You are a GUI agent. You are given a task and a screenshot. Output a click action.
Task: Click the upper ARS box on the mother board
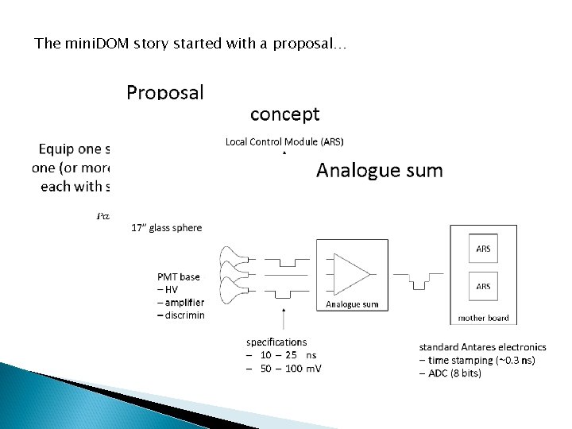click(483, 249)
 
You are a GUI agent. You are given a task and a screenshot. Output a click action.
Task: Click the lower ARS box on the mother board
click(483, 286)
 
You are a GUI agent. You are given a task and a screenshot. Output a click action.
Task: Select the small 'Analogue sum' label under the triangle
click(352, 304)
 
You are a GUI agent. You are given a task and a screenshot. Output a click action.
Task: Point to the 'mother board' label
click(483, 318)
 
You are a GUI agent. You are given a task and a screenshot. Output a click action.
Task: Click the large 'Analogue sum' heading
click(380, 170)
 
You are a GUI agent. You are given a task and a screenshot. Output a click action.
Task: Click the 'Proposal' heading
click(165, 93)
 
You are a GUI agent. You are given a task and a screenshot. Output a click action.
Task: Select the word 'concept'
click(285, 114)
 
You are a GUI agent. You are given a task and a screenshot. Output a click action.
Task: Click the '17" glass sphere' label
click(166, 227)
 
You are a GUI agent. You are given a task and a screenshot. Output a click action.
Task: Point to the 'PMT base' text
click(179, 277)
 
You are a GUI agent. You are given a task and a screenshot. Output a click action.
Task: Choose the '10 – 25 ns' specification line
click(283, 355)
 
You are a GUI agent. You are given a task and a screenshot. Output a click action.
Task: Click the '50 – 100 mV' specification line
click(284, 368)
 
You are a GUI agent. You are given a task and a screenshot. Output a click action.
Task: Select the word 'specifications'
click(276, 342)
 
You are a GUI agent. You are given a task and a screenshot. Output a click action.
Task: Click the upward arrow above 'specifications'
click(284, 318)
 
